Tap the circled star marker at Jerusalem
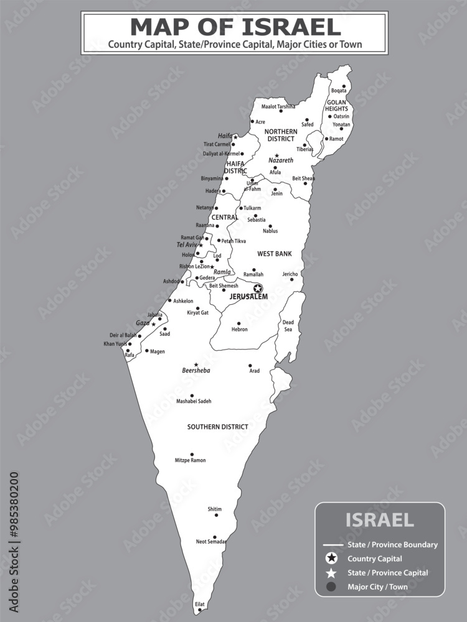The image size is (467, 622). [258, 288]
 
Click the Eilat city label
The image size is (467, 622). [199, 604]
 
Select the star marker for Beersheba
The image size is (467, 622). [196, 364]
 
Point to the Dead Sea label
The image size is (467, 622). [288, 326]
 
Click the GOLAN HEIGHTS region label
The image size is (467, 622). [336, 105]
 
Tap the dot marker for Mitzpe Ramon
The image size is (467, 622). [192, 454]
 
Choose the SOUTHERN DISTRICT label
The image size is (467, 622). [218, 427]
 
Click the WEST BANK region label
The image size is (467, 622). [275, 254]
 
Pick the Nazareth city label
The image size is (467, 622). [281, 160]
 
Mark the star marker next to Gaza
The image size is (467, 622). [154, 324]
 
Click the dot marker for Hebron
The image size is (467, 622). [238, 323]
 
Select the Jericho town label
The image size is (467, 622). [290, 274]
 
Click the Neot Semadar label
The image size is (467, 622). [210, 542]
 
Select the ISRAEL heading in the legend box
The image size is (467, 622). [379, 520]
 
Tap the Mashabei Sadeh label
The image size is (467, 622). [194, 401]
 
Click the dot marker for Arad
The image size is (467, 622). [250, 366]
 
